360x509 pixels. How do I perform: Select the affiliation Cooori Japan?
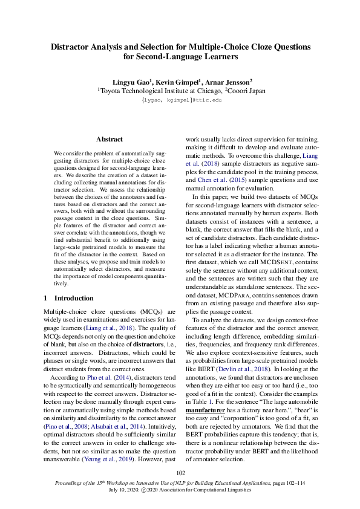[246, 91]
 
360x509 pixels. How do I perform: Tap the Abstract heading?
[110, 139]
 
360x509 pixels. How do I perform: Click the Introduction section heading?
[72, 298]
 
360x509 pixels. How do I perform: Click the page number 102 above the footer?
[180, 473]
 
